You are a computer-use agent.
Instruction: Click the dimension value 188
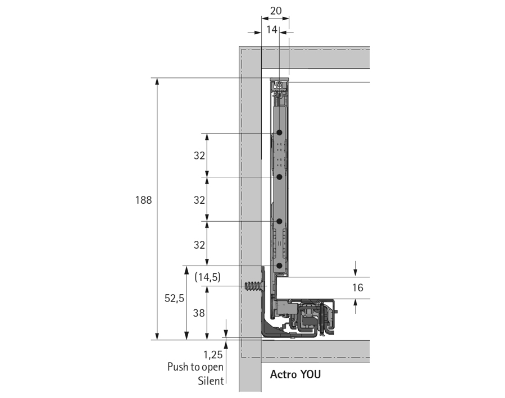pos(144,200)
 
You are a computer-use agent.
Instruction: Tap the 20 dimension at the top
pos(275,10)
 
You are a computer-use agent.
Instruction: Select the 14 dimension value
pos(272,30)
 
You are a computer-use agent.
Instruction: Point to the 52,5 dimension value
pos(174,299)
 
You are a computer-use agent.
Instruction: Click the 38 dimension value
pos(199,314)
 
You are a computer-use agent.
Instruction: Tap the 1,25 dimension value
pos(213,355)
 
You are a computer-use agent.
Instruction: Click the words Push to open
pos(195,367)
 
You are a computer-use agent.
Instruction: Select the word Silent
pos(211,381)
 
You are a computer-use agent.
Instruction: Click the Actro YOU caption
pos(295,374)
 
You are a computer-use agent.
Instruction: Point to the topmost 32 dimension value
pos(199,155)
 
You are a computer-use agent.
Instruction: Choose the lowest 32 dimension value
pos(199,244)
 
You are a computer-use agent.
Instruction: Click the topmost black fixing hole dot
pos(279,133)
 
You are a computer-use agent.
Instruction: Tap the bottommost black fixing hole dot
pos(279,266)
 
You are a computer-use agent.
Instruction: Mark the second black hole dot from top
pos(279,177)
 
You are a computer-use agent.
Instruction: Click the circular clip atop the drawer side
pos(279,86)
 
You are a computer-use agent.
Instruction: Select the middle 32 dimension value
pos(199,200)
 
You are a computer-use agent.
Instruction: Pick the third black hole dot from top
pos(279,222)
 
